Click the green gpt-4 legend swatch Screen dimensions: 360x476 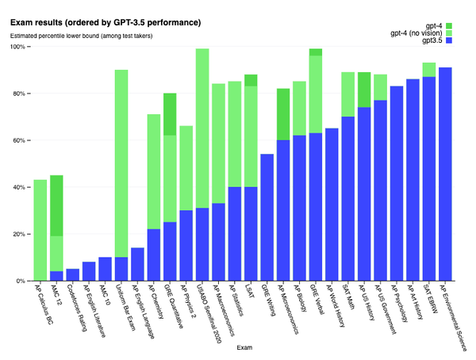449,27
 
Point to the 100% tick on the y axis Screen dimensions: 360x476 17,47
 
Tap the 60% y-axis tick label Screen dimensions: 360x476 18,140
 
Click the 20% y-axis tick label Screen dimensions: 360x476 18,234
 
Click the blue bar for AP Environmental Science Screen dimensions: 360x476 445,174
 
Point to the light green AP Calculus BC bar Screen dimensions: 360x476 40,230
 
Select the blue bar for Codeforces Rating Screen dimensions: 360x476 73,274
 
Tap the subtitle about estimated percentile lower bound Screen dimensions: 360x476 81,36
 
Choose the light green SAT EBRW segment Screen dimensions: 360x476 429,70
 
